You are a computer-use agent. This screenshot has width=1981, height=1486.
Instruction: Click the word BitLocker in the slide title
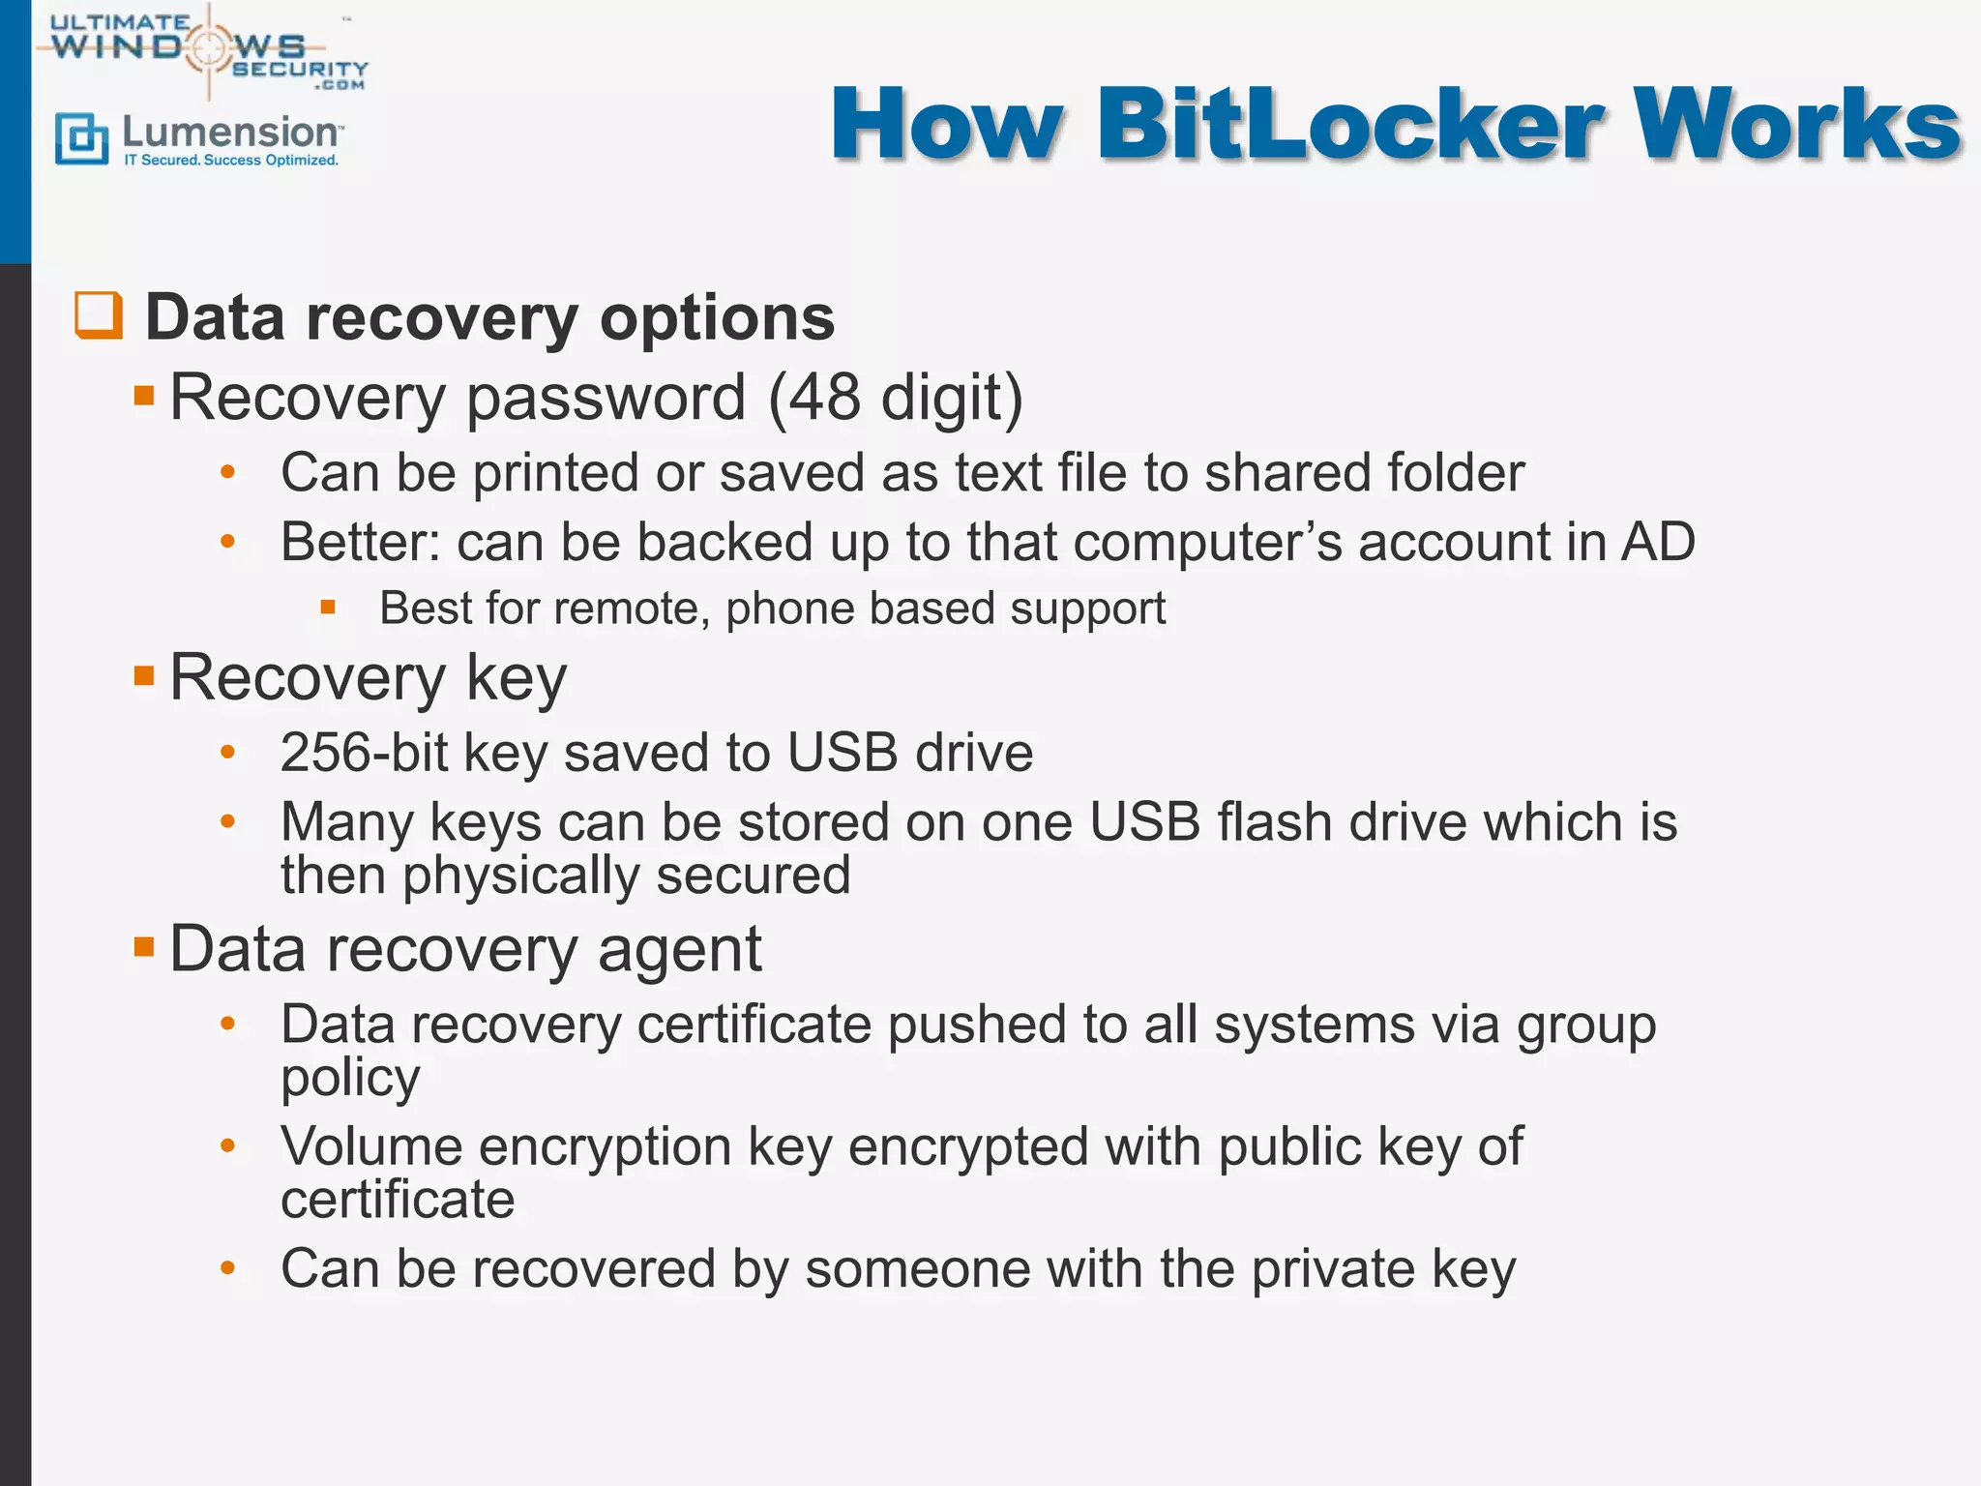pos(1350,126)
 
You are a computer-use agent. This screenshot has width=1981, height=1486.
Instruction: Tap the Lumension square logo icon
pos(81,138)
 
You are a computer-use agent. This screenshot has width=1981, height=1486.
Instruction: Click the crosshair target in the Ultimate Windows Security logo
pos(209,46)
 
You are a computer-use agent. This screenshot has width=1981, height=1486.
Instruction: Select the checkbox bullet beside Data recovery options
pos(99,315)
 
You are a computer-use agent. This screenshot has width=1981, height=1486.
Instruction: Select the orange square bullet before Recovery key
pos(144,675)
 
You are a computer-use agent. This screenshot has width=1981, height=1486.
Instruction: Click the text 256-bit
pos(364,753)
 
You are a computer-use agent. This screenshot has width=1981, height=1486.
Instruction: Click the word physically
pos(520,876)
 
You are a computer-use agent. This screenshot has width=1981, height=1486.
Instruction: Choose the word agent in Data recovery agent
pos(679,950)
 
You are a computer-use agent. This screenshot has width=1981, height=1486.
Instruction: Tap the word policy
pos(350,1078)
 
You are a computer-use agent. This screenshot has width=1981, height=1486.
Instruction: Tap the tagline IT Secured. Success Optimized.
pos(231,161)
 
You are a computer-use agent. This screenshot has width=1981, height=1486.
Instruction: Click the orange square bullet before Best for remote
pos(328,609)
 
